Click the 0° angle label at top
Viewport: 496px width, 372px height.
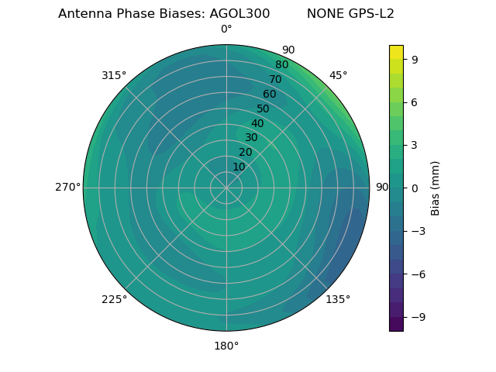(x=226, y=29)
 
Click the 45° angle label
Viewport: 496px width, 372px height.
(x=338, y=75)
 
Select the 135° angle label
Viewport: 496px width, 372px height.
(x=338, y=299)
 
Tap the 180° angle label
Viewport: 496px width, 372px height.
(x=226, y=346)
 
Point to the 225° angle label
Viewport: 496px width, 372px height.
(x=114, y=299)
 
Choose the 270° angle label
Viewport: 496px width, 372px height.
(x=67, y=188)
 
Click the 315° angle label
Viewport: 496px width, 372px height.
(x=114, y=75)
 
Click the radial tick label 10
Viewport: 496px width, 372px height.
(x=239, y=167)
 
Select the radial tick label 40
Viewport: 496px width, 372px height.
(x=257, y=123)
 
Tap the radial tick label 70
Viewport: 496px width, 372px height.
(x=275, y=79)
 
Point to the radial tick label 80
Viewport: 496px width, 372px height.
(x=281, y=64)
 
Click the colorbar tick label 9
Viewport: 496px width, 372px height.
(x=415, y=58)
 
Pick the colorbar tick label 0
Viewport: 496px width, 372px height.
(x=415, y=188)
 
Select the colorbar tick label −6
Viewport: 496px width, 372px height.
(x=417, y=274)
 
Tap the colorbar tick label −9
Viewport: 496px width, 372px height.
(x=417, y=317)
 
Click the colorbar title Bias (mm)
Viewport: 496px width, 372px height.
(x=436, y=188)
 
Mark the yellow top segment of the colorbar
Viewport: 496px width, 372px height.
(x=396, y=52)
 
